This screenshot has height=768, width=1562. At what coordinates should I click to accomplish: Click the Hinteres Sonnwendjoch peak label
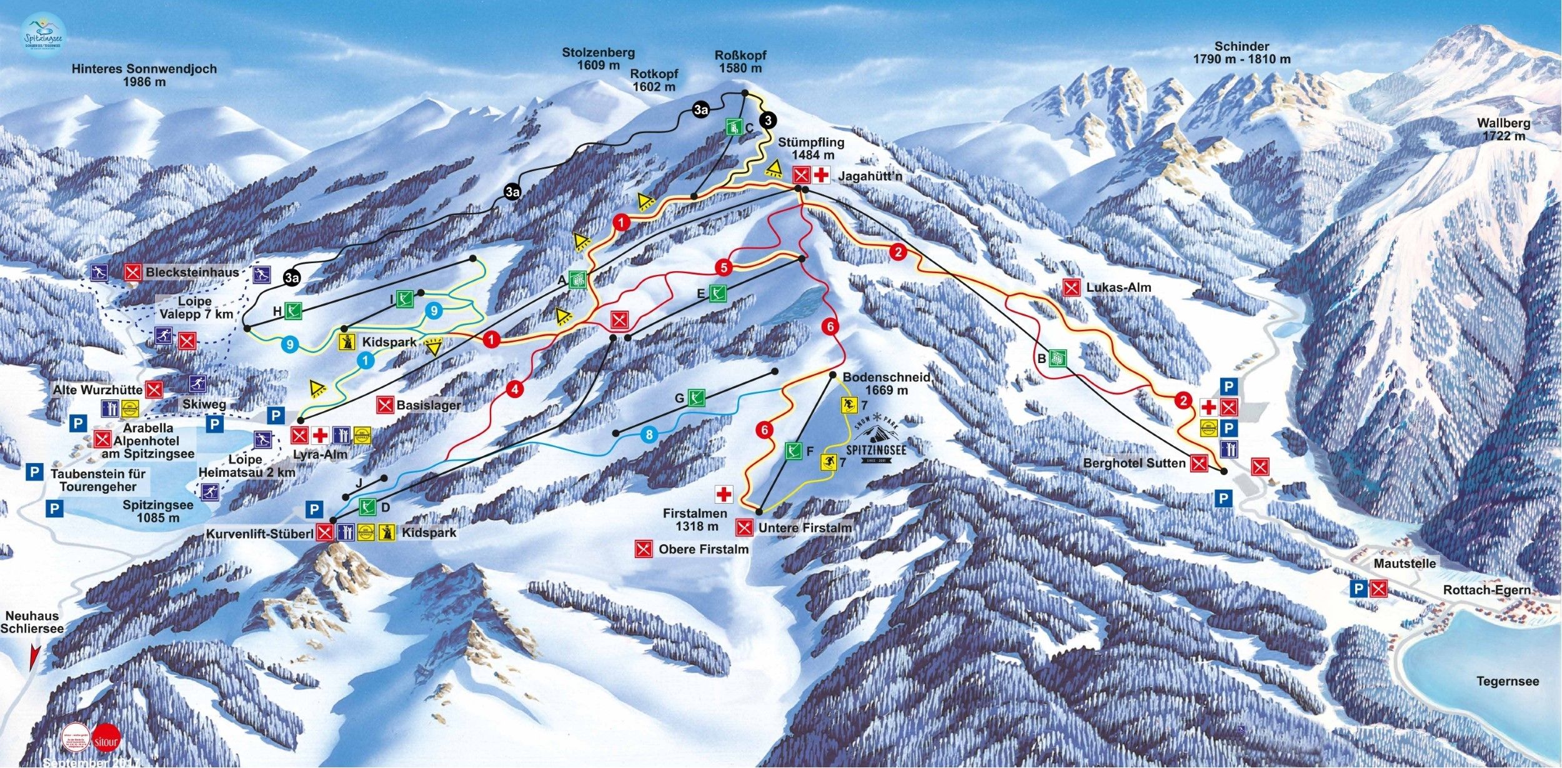tap(144, 75)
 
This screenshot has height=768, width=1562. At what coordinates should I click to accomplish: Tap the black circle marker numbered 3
tap(768, 120)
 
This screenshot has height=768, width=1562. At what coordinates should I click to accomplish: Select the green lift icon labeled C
tap(733, 127)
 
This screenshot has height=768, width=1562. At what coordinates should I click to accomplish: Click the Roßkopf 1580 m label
tap(740, 61)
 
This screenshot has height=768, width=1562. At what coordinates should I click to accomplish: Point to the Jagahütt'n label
tap(870, 177)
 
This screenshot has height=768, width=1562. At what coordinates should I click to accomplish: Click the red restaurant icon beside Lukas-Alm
tap(1072, 287)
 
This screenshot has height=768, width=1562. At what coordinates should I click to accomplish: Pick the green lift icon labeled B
tap(1058, 358)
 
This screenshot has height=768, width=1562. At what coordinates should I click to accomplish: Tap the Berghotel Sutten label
tap(1134, 463)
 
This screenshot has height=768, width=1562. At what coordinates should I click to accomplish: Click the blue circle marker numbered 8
tap(649, 434)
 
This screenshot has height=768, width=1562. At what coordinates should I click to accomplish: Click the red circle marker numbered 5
tap(724, 268)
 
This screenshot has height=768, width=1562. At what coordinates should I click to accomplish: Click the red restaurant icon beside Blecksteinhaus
tap(132, 272)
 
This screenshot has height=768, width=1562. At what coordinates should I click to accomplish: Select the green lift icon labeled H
tap(293, 311)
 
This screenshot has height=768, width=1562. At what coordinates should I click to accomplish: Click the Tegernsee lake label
tap(1508, 681)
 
